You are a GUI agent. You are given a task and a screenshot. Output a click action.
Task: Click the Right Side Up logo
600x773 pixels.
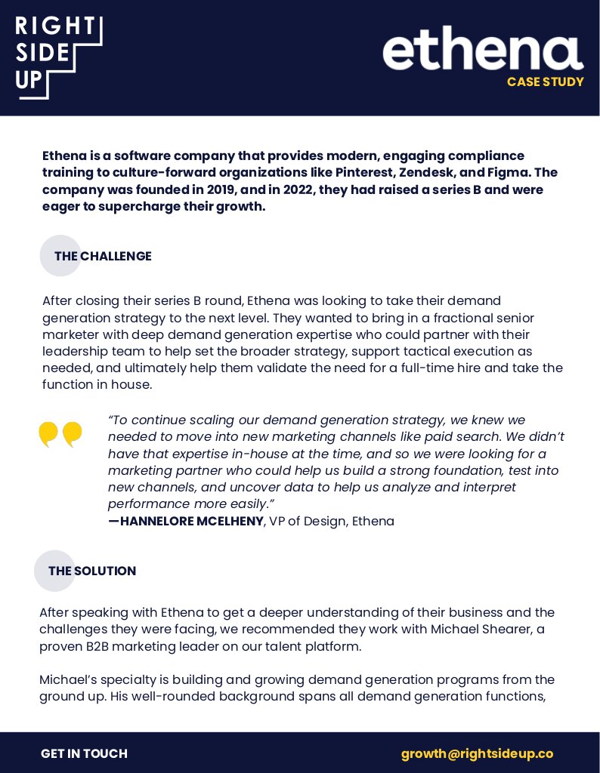58,57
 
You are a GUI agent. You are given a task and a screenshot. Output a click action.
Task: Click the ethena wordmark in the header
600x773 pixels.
483,53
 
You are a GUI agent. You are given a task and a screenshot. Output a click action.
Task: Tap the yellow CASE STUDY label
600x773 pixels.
545,82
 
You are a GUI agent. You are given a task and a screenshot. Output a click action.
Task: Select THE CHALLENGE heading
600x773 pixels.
103,257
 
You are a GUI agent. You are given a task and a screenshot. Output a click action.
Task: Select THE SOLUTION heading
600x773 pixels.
92,571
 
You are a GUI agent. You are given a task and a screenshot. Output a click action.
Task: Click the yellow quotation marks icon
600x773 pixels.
60,434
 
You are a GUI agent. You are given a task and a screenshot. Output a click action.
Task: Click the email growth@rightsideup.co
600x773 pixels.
477,753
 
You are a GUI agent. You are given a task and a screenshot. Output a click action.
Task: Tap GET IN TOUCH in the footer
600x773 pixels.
84,753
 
